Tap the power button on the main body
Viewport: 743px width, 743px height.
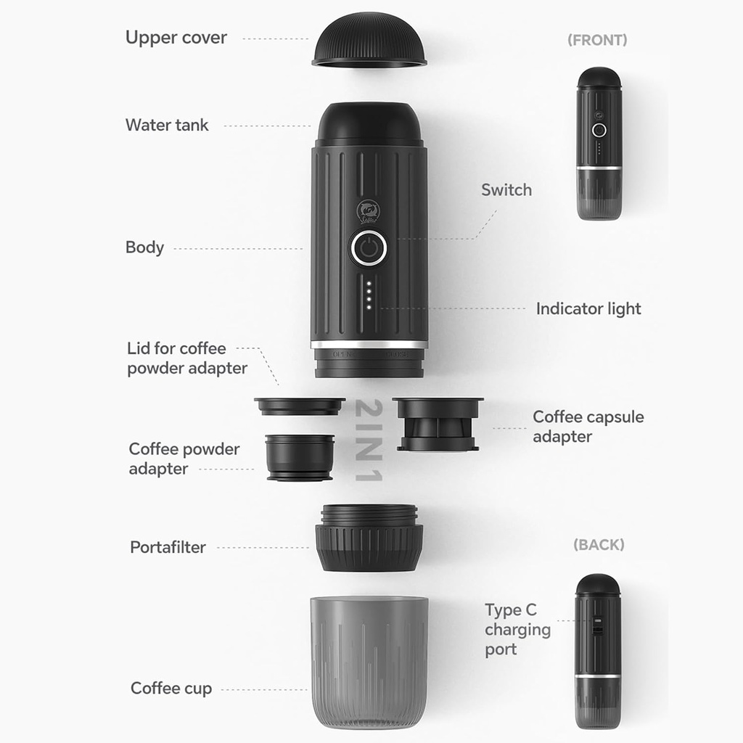(369, 249)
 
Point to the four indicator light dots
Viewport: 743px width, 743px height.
(369, 295)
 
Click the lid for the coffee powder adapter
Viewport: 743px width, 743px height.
(299, 406)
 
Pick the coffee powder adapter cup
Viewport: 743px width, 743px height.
(300, 457)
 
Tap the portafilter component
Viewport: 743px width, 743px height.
(369, 538)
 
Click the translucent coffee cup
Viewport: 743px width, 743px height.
(369, 660)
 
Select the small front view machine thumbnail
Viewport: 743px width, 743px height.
(599, 144)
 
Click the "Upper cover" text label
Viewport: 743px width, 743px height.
(176, 38)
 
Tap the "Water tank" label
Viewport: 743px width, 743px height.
(166, 125)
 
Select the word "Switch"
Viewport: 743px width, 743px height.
(506, 190)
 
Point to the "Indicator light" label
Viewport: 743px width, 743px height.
(588, 308)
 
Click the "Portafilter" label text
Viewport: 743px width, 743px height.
(168, 547)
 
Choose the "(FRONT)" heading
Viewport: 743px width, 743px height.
(596, 40)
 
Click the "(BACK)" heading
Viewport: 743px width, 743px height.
(598, 544)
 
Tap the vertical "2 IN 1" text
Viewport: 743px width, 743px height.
(369, 440)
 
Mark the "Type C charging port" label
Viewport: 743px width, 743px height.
(517, 629)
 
